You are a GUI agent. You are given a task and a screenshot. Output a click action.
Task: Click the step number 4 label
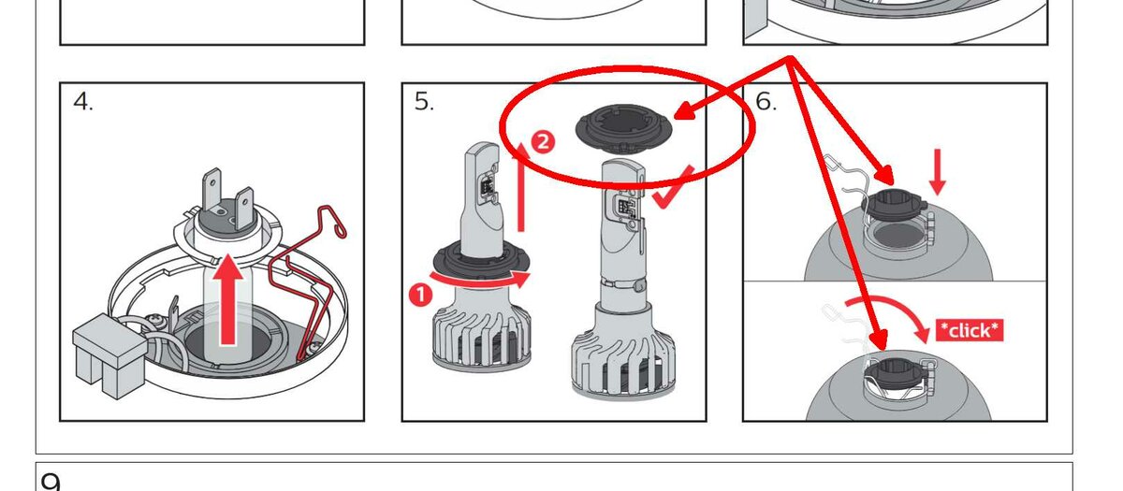(82, 102)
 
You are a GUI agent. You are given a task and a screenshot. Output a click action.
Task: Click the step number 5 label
(424, 102)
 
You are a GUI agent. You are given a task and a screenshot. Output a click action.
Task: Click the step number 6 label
(766, 102)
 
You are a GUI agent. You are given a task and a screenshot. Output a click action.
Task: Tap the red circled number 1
(420, 295)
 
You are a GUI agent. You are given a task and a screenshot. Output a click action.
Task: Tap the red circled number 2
(543, 142)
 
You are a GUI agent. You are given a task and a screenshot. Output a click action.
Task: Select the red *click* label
(970, 331)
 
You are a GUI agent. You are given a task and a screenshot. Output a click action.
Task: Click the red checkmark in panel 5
(673, 188)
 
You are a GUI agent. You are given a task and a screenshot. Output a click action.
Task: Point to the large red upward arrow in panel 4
(228, 299)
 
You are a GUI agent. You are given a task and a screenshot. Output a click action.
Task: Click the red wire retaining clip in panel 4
(306, 281)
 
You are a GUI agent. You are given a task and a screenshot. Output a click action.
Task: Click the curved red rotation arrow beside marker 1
(480, 279)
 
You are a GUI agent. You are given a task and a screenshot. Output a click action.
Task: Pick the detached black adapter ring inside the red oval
(623, 127)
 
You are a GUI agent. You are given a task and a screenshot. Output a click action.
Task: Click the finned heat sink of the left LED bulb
(480, 333)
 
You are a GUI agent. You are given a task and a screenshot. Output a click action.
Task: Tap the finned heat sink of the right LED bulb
(623, 354)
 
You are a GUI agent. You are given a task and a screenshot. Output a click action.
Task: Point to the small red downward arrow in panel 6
(938, 172)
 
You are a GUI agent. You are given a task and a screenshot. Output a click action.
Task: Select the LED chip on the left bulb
(486, 187)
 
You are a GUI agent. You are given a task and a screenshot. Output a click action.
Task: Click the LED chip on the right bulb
(625, 206)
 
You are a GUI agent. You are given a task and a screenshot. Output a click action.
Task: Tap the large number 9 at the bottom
(51, 482)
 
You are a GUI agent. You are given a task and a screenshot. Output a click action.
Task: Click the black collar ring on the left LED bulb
(480, 262)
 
